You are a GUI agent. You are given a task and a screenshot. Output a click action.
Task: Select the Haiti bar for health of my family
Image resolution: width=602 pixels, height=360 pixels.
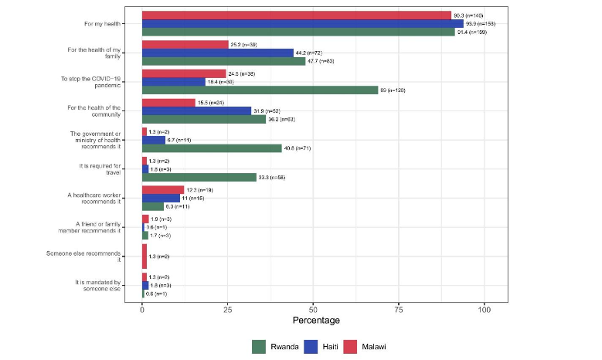point(217,53)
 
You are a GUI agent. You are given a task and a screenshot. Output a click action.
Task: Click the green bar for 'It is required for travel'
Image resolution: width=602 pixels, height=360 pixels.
point(199,178)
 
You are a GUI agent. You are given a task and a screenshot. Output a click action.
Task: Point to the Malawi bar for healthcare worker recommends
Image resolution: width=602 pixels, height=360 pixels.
point(163,189)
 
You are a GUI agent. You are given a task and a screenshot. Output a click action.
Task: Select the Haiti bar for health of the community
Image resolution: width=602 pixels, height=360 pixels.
point(196,110)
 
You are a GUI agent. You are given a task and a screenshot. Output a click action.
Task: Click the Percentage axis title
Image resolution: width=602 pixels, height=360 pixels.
point(316,321)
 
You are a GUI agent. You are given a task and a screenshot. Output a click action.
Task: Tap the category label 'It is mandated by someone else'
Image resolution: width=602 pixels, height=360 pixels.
point(99,286)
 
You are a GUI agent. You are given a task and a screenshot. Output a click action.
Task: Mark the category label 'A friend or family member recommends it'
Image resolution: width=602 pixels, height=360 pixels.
point(98,228)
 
